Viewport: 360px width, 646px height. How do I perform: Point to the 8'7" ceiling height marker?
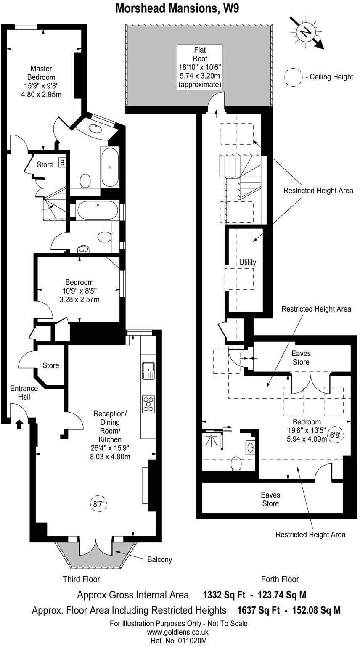98,503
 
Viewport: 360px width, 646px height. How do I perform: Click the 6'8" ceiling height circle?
335,436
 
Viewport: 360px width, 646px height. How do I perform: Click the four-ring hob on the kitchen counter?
148,404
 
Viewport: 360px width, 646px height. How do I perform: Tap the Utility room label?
247,262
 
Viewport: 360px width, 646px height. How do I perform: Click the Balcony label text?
159,560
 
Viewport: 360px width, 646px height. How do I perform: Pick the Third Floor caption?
81,579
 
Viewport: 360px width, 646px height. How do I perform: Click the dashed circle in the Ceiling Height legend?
293,77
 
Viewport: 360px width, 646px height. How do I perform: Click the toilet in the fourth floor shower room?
236,463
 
